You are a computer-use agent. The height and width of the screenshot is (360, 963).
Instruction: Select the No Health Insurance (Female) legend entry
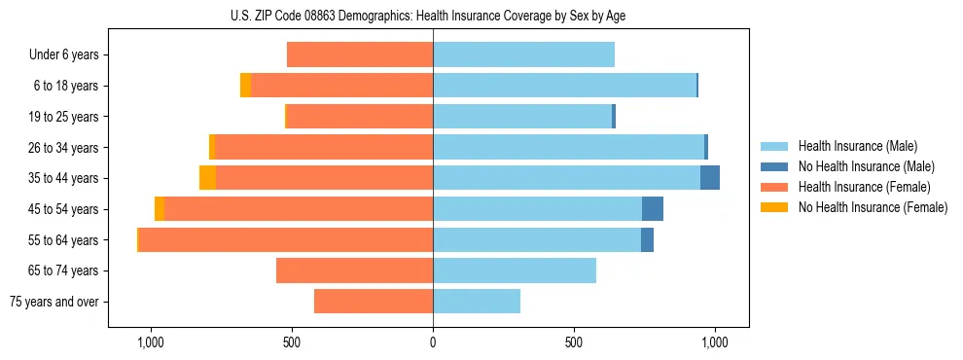pyautogui.click(x=873, y=207)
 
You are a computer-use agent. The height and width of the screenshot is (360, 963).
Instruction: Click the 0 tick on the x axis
pyautogui.click(x=433, y=342)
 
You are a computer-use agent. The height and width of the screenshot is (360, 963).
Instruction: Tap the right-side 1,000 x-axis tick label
pyautogui.click(x=715, y=342)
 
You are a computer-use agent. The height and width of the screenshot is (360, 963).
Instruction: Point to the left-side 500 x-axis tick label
pyautogui.click(x=292, y=342)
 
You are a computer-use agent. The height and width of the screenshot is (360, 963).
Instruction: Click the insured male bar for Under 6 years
pyautogui.click(x=523, y=54)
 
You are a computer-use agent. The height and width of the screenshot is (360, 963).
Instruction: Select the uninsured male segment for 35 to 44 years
pyautogui.click(x=710, y=178)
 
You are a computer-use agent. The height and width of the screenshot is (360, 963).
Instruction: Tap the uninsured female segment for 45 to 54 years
pyautogui.click(x=160, y=209)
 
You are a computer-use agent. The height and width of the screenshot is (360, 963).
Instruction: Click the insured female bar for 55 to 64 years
pyautogui.click(x=286, y=240)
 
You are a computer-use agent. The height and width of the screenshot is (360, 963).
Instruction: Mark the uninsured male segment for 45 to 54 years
pyautogui.click(x=653, y=209)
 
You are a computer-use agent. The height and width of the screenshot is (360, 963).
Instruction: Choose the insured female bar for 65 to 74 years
pyautogui.click(x=355, y=270)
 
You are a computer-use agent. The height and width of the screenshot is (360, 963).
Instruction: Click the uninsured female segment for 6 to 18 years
pyautogui.click(x=245, y=86)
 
